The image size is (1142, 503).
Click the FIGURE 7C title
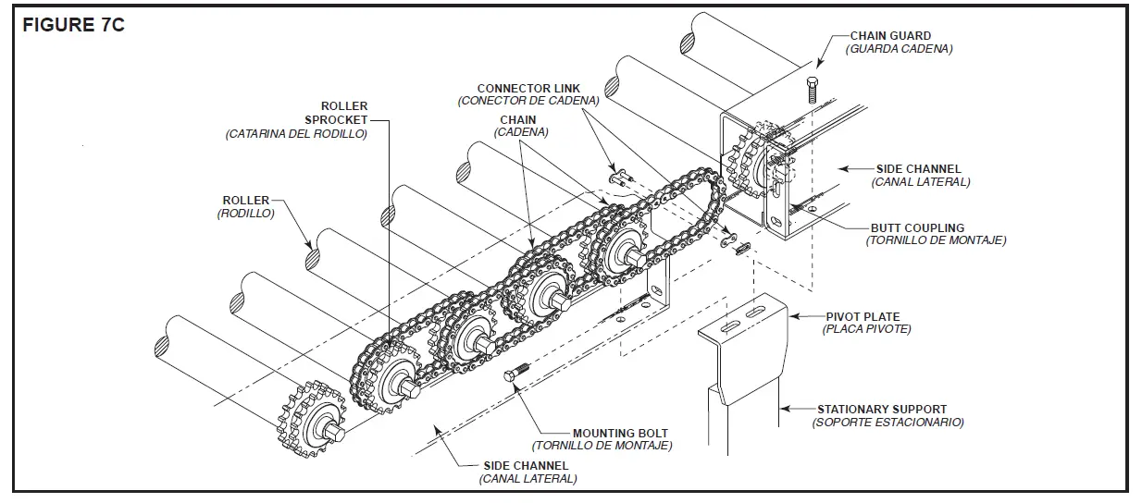point(73,25)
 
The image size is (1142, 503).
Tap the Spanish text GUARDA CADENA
point(899,49)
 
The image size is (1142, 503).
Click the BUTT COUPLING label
point(916,227)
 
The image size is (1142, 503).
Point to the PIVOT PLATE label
point(867,316)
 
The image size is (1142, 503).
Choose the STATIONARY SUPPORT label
point(881,409)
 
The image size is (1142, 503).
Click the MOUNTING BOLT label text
point(619,433)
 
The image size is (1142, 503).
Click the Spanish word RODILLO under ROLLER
point(245,213)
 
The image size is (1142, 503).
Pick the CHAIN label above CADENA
point(517,120)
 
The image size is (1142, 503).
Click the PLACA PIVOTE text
point(866,329)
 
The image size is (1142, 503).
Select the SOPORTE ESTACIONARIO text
point(888,422)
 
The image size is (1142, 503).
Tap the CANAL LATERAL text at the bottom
point(528,479)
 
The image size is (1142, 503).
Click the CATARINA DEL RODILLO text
point(295,133)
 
